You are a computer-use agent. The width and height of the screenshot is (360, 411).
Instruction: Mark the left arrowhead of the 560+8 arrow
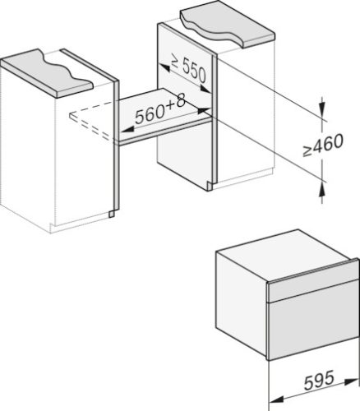coord(123,129)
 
